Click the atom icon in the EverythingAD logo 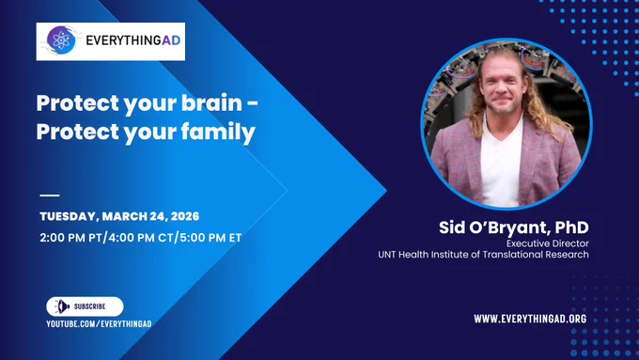61,40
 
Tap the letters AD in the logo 171,40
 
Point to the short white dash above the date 50,196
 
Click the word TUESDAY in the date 68,216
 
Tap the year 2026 184,216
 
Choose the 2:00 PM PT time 70,238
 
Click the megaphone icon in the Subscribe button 61,306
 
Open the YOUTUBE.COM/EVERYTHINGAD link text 99,324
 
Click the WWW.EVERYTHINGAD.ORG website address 530,319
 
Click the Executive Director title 547,243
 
